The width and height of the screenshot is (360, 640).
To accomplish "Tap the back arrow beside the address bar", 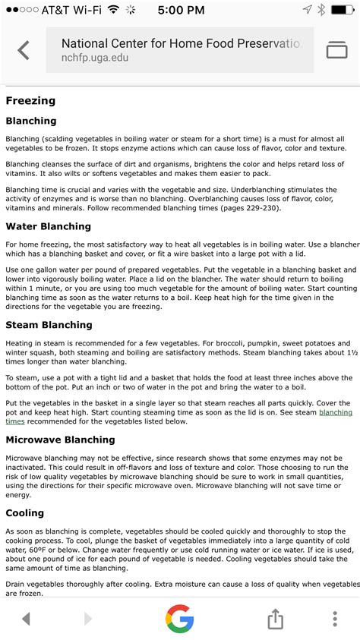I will (x=24, y=51).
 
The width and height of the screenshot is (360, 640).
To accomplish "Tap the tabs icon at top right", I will (x=336, y=51).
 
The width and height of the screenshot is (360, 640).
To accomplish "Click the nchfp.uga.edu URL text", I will (x=89, y=58).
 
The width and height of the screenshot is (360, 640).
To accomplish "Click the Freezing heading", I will (x=30, y=99).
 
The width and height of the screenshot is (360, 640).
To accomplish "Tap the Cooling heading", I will (x=25, y=513).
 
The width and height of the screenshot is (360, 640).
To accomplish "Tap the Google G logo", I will (x=180, y=619).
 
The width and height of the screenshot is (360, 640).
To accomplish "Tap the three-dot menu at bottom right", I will (x=335, y=619).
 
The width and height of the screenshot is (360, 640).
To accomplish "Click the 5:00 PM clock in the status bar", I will (x=180, y=10).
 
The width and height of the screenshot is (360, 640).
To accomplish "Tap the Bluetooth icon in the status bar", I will (x=322, y=10).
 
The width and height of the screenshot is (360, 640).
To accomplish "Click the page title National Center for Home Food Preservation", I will (x=180, y=44).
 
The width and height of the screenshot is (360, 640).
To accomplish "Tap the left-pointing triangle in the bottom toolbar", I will (x=27, y=619).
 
